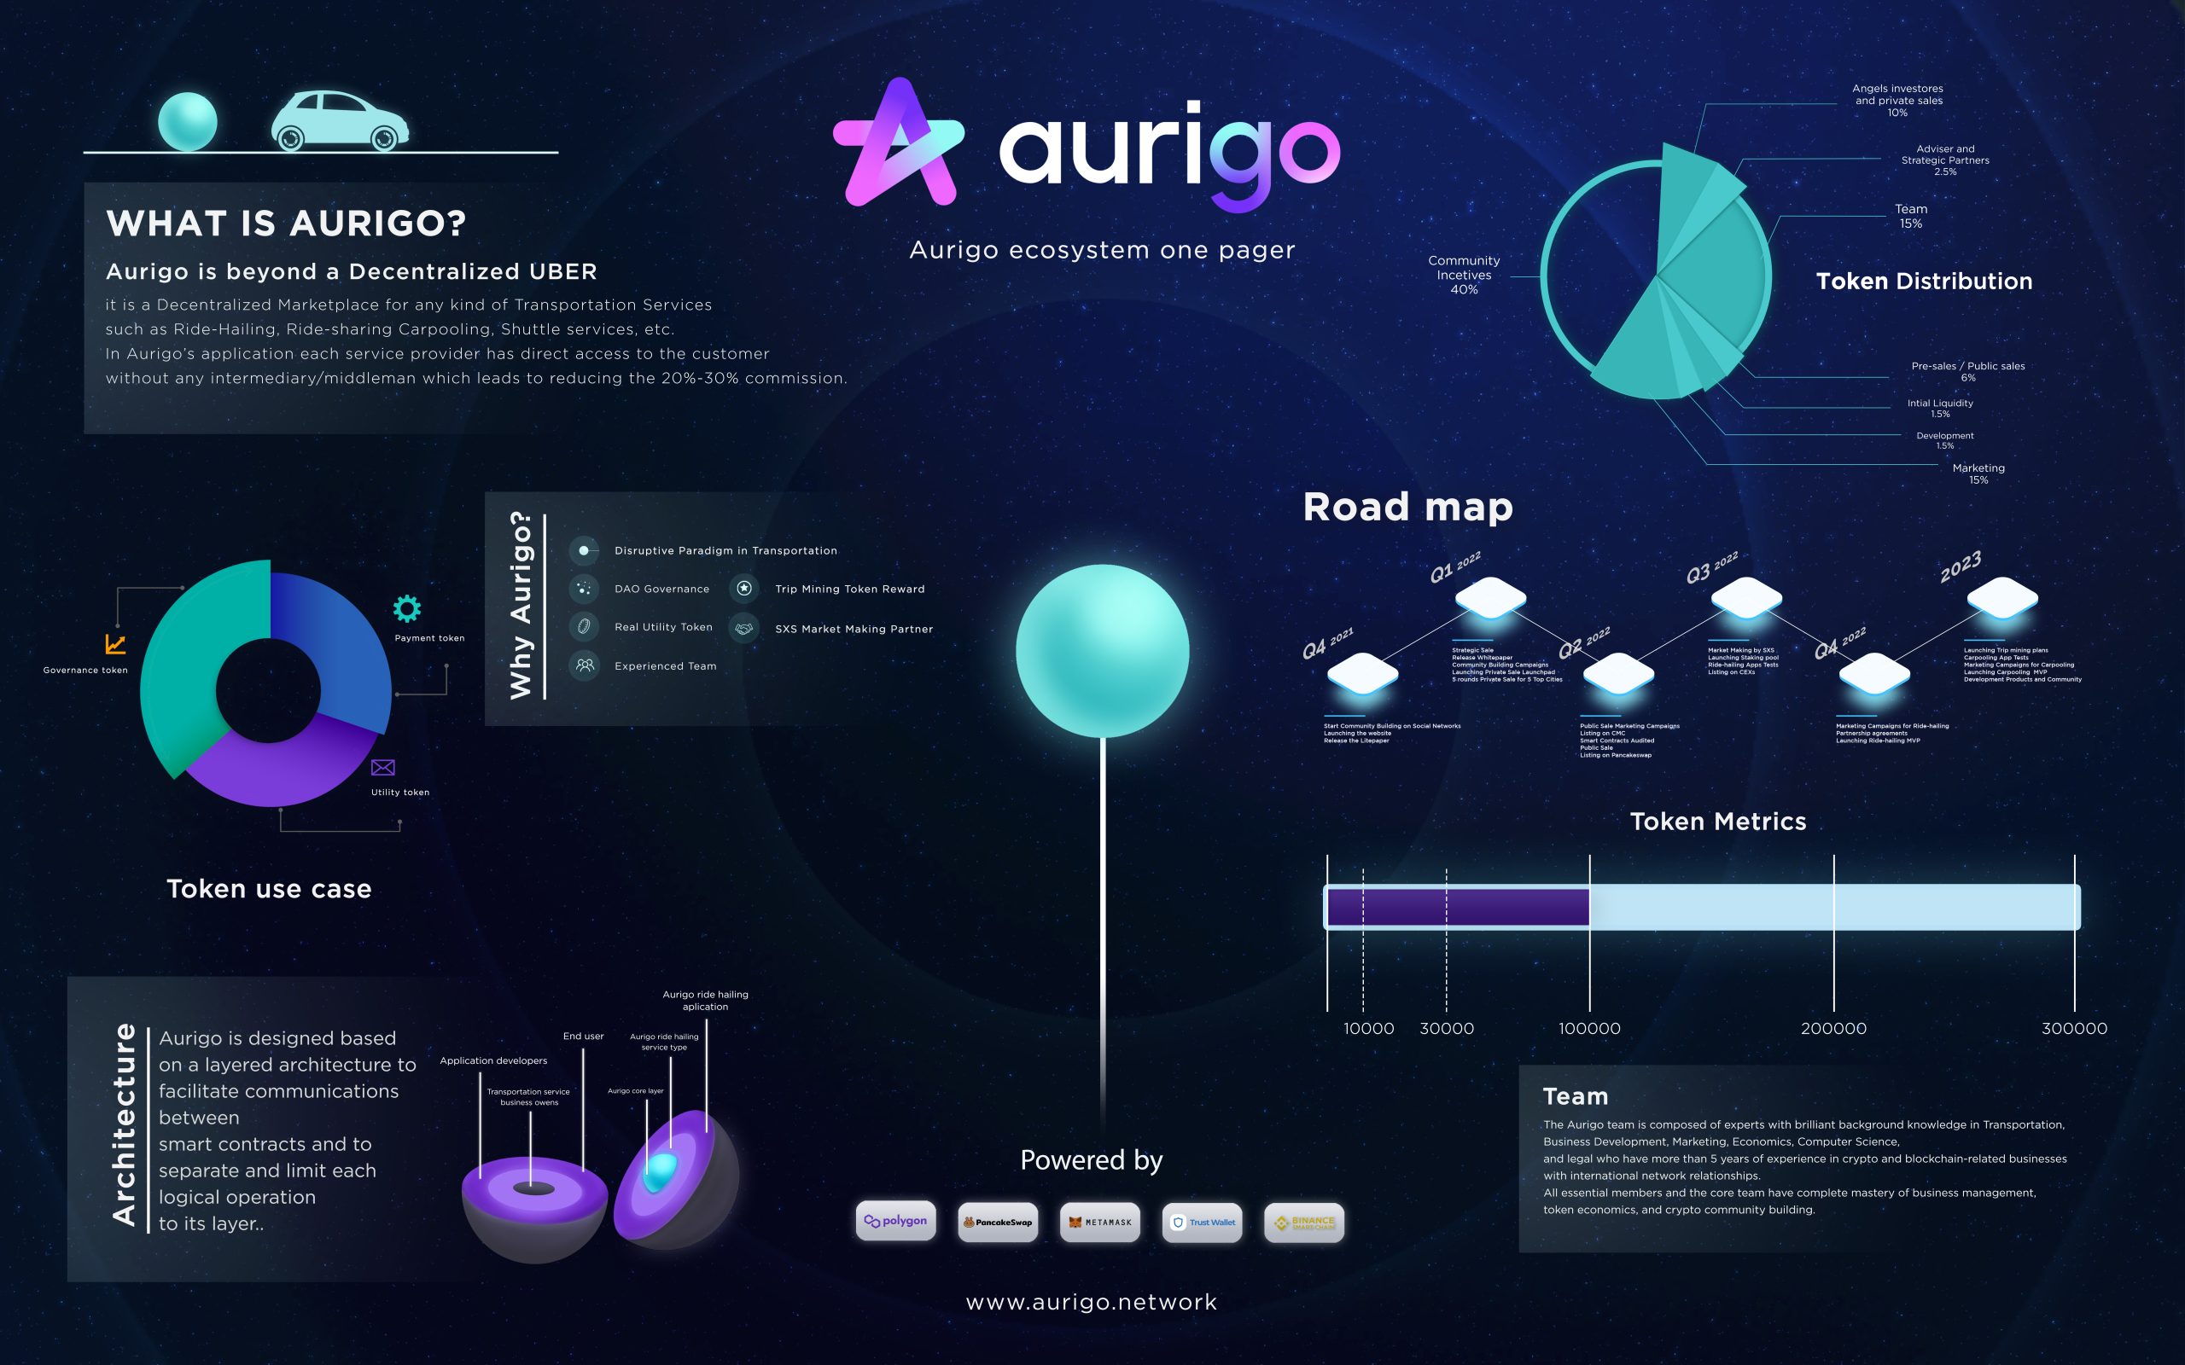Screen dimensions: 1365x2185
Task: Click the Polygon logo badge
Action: point(895,1222)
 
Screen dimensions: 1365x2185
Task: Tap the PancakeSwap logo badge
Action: point(998,1223)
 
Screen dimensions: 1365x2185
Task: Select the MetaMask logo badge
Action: point(1099,1223)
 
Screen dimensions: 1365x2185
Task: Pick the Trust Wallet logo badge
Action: point(1202,1223)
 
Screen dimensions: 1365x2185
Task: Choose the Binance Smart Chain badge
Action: point(1304,1223)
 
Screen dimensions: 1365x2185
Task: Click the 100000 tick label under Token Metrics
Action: point(1589,1028)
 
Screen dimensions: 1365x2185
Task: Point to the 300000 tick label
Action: point(2074,1028)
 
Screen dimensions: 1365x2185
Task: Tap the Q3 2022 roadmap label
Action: point(1712,567)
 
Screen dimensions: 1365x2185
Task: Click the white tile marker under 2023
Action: point(2001,598)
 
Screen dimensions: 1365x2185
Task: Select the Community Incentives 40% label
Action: point(1464,275)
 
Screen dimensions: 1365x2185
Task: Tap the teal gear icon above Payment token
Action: point(407,608)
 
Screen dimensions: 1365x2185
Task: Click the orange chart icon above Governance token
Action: point(115,643)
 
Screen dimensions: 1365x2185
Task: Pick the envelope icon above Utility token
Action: point(383,767)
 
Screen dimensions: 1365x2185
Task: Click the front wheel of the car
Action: point(384,138)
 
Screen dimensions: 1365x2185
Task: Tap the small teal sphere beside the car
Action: point(188,121)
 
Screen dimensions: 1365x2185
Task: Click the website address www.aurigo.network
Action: point(1092,1302)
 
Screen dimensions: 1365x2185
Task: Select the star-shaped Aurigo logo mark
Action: point(899,144)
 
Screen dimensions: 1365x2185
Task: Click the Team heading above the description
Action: point(1576,1096)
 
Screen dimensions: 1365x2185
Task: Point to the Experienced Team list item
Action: point(666,666)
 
